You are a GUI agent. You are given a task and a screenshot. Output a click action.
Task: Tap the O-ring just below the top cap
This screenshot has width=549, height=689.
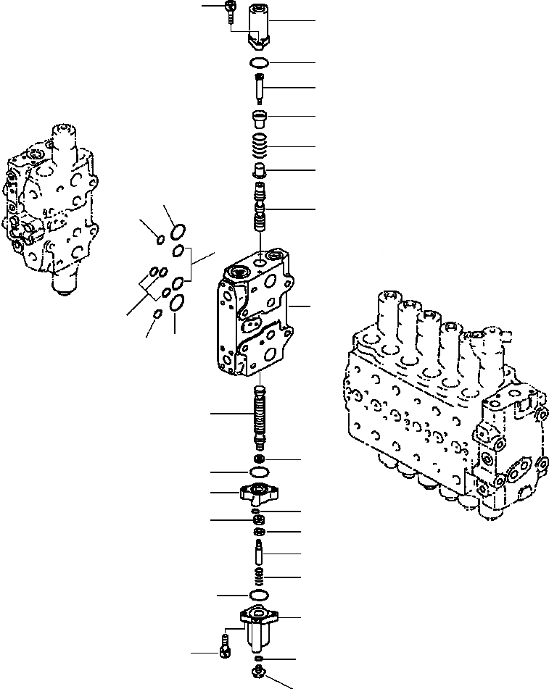259,62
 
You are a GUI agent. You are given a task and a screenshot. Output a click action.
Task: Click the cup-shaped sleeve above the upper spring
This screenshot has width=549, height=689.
260,117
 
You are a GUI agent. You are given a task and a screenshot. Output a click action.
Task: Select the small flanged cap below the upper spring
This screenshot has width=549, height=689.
260,171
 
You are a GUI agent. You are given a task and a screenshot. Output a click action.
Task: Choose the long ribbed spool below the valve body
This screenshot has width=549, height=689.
260,417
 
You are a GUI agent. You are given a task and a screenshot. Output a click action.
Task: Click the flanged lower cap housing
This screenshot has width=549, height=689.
259,625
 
